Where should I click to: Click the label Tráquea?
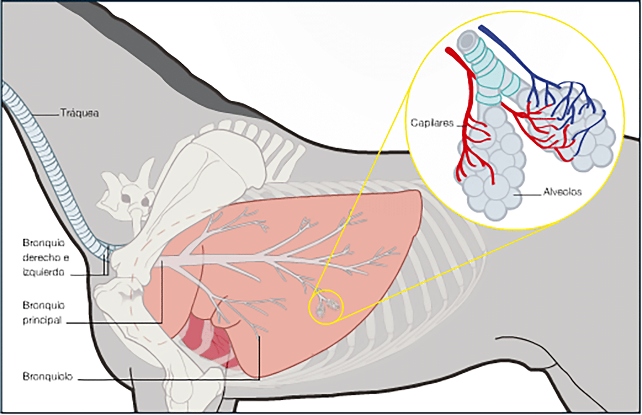click(79, 113)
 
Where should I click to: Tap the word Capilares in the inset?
click(432, 123)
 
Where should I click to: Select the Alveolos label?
click(562, 192)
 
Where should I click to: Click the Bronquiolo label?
click(48, 377)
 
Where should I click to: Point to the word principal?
click(42, 320)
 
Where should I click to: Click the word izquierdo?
click(43, 272)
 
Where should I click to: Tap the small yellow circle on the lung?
click(326, 307)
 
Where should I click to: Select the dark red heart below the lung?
click(207, 342)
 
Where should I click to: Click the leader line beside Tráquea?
click(46, 114)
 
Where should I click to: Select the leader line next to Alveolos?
click(527, 195)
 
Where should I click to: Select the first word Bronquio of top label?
click(43, 243)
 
